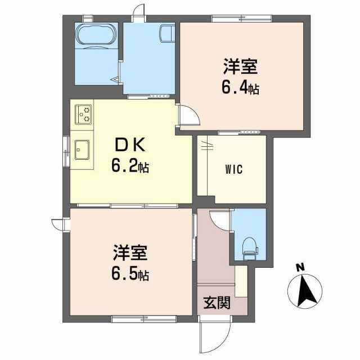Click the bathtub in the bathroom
[96, 34]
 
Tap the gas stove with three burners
[83, 114]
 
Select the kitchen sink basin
[82, 150]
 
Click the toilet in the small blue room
[250, 249]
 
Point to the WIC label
[234, 169]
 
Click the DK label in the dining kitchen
[130, 144]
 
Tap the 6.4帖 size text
[240, 88]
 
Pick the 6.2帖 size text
[130, 166]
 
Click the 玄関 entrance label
[217, 303]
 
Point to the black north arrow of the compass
[307, 291]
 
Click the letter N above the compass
[300, 267]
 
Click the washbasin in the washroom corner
[168, 33]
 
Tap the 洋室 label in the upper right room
[240, 66]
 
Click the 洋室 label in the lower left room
[130, 253]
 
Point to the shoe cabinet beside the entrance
[241, 281]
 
